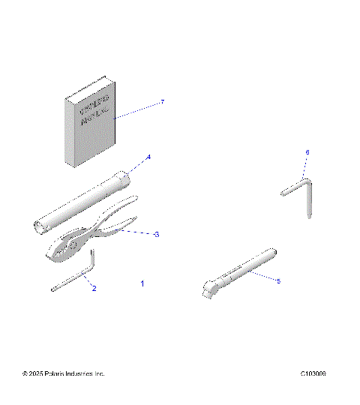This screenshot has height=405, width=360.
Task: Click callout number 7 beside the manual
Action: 162,102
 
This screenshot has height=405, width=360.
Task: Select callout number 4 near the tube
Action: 148,157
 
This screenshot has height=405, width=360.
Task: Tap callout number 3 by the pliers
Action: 156,235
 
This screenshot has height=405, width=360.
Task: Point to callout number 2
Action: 94,288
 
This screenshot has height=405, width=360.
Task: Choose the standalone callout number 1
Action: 142,284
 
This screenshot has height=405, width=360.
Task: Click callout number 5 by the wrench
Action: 278,281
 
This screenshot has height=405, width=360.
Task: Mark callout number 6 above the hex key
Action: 307,152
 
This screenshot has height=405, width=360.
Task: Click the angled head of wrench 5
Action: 211,287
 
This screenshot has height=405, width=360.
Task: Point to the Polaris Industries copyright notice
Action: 64,373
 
